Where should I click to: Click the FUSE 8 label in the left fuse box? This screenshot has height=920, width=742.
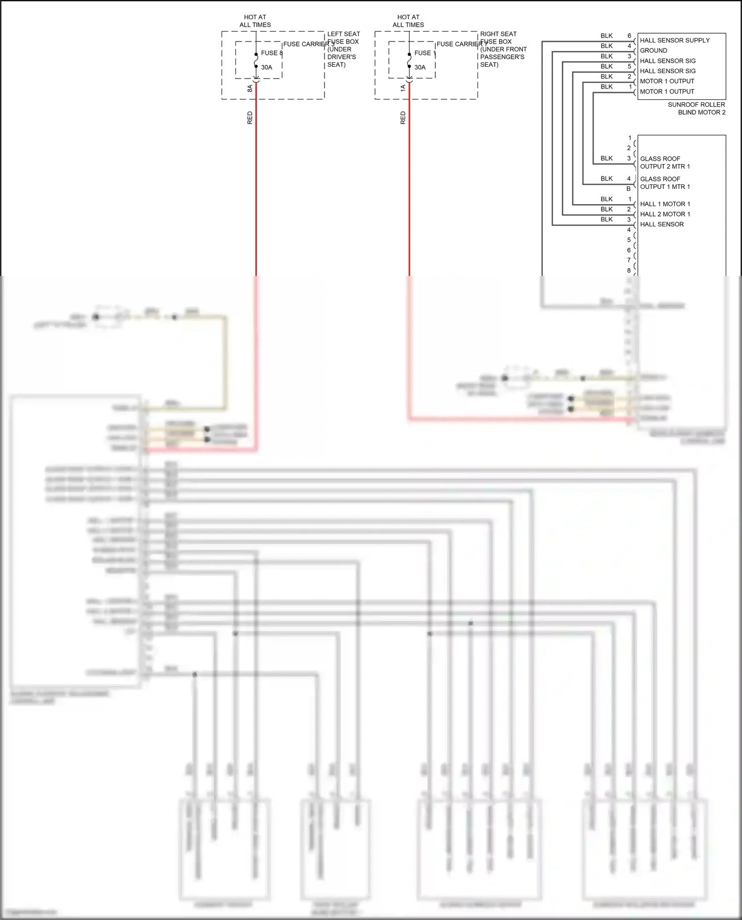(x=272, y=53)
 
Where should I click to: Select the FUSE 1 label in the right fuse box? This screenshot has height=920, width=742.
(x=425, y=53)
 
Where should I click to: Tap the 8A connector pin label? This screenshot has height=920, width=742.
(x=250, y=88)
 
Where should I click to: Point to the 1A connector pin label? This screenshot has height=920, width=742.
(x=403, y=88)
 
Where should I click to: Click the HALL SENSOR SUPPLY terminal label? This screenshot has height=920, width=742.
(x=674, y=41)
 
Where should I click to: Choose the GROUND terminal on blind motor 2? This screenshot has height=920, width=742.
(x=653, y=50)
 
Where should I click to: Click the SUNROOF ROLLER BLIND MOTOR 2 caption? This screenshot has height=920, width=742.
(x=696, y=108)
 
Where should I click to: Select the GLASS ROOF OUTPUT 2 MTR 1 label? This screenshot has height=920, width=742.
(x=664, y=163)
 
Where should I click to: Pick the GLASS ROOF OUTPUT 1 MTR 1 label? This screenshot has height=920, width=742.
(x=664, y=183)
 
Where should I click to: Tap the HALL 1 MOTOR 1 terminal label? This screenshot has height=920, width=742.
(x=664, y=204)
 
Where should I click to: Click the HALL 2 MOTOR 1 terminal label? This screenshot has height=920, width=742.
(x=664, y=214)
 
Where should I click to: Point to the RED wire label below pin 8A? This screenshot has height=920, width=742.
(x=250, y=118)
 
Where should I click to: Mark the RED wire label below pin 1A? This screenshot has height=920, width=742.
(x=403, y=118)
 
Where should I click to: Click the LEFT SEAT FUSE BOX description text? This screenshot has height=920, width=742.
(x=343, y=49)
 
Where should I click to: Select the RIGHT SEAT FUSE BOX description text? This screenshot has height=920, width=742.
(x=503, y=49)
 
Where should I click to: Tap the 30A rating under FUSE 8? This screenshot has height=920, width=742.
(x=267, y=67)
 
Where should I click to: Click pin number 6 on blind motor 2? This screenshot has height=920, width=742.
(x=629, y=36)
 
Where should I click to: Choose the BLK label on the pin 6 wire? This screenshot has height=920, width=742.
(x=606, y=36)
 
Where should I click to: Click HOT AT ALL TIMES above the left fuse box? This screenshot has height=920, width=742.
(x=255, y=21)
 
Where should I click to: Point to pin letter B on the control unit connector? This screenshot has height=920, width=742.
(x=629, y=189)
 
